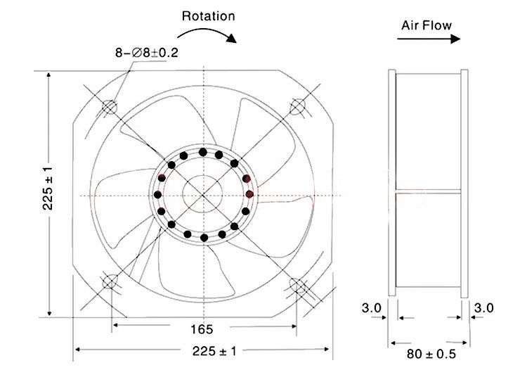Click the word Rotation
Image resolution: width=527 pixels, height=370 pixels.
pyautogui.click(x=209, y=15)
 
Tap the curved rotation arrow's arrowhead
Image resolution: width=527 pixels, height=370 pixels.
pyautogui.click(x=232, y=38)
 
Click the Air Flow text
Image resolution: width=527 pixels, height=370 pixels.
pyautogui.click(x=427, y=25)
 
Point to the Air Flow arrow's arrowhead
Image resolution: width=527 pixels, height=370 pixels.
pyautogui.click(x=455, y=39)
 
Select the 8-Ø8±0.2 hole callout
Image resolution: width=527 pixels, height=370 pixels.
pyautogui.click(x=147, y=53)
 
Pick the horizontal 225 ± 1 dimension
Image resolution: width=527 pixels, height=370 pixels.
pyautogui.click(x=214, y=351)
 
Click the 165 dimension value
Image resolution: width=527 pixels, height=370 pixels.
pyautogui.click(x=202, y=329)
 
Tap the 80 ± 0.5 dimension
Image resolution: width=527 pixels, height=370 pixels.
pyautogui.click(x=431, y=354)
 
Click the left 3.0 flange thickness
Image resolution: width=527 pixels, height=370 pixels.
pyautogui.click(x=372, y=308)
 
